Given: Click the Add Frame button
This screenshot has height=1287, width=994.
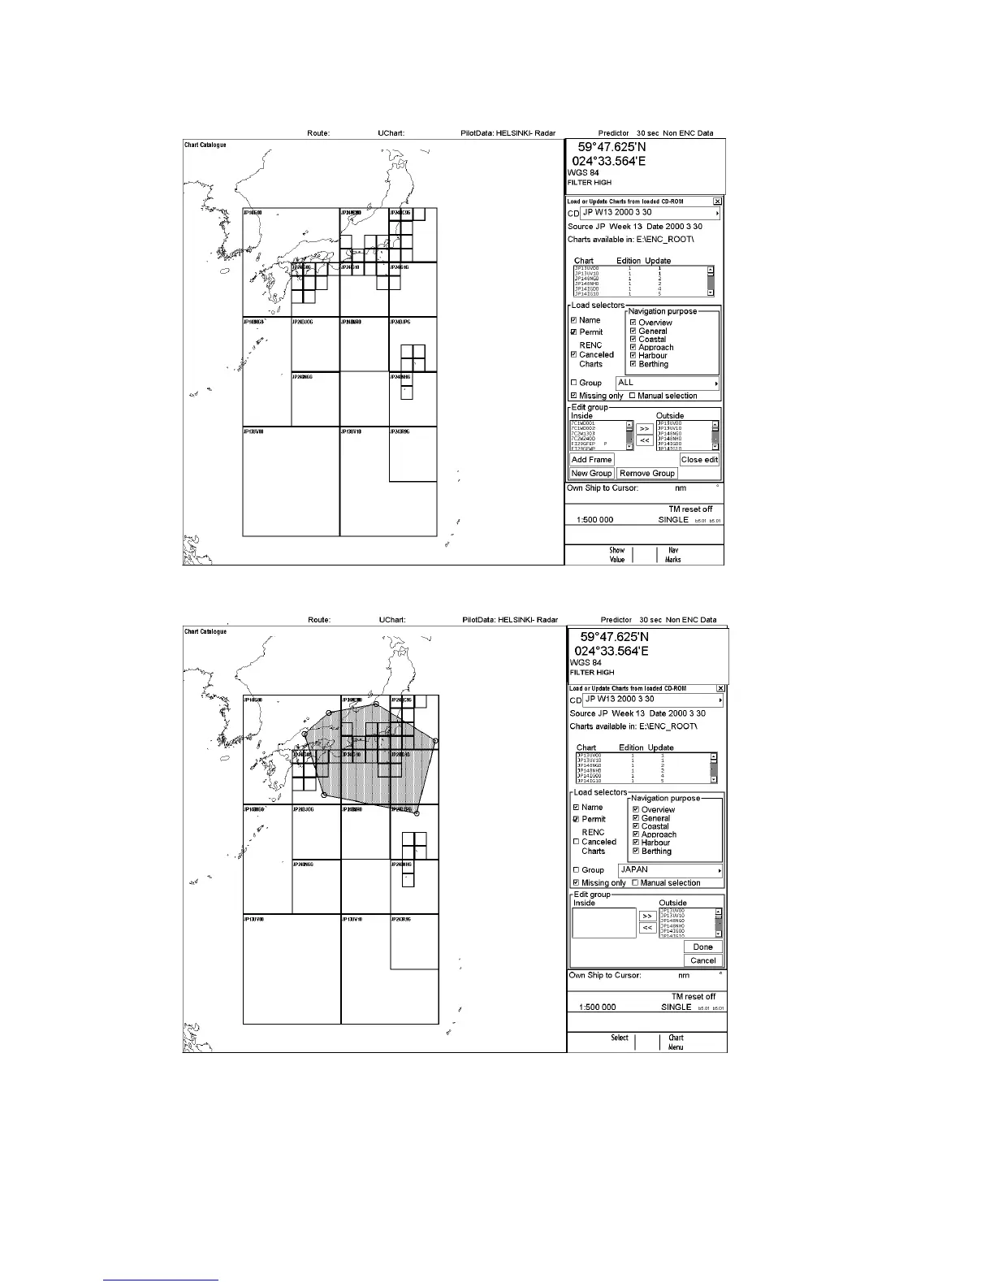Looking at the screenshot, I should pos(591,460).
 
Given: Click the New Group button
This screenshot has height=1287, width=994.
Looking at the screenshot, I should pos(591,473).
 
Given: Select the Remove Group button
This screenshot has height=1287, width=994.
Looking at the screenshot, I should pos(646,473).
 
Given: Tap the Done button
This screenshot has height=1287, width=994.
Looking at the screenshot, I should pos(702,947).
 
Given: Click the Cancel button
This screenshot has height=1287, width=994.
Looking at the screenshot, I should pos(702,960).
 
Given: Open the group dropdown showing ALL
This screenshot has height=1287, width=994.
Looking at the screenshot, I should pos(668,383).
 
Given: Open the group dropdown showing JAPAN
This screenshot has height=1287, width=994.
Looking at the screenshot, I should pos(670,869).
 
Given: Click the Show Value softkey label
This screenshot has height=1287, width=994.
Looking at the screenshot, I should pos(617,555).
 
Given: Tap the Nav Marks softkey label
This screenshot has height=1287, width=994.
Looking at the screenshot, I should pos(673,555).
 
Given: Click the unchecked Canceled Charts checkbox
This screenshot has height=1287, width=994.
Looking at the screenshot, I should pos(576,842).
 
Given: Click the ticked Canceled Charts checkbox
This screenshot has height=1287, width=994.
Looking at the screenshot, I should pos(573,354).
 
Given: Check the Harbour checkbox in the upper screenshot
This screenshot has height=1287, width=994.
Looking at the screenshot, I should pos(633,355).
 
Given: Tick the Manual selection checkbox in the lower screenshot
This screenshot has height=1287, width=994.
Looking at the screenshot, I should pos(635,882).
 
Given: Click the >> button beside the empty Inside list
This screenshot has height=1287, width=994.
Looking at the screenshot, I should pos(647,916).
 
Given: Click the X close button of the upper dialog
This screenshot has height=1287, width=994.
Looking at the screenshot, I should pos(717,201).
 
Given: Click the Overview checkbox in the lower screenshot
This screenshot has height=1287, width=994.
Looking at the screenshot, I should pos(636,809).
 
